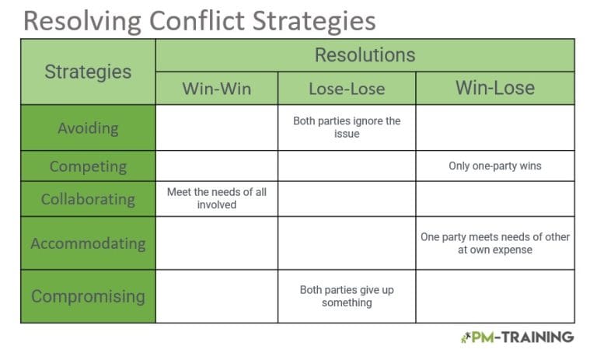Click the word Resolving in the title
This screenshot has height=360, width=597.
(82, 22)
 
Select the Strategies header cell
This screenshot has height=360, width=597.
(88, 72)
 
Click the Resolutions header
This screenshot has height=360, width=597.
(365, 55)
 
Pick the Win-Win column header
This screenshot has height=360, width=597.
(217, 89)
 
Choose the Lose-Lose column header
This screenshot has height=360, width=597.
(347, 89)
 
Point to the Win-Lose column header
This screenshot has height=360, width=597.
(495, 88)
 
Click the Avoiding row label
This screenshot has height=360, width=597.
(88, 128)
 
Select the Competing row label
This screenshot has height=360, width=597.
(88, 166)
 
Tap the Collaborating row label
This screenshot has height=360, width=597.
(88, 199)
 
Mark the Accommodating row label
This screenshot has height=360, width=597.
(88, 243)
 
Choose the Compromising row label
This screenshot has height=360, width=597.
(88, 296)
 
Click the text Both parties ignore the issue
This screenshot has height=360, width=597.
(347, 128)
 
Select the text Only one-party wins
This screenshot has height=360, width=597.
(495, 166)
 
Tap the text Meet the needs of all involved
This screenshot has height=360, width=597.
(217, 198)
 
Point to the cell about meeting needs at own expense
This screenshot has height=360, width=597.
(495, 243)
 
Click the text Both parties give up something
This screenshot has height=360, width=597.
(347, 296)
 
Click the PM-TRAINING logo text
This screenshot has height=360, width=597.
(522, 337)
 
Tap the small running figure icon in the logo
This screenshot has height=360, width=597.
(466, 337)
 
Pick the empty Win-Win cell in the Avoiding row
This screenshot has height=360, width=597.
(217, 128)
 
